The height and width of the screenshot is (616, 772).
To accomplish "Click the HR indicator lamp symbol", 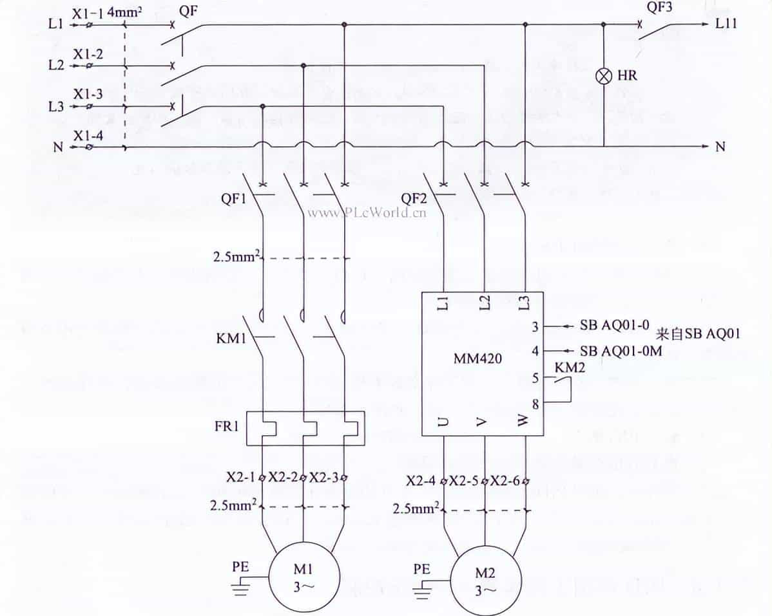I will (604, 76).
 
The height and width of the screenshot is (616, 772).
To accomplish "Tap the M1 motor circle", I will (303, 573).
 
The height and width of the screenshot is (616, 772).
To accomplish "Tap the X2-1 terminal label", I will (240, 479).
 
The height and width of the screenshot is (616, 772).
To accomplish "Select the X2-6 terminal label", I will (505, 480).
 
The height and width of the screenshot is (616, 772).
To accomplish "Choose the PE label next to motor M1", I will (240, 568).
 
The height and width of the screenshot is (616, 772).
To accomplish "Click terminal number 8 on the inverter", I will (534, 404).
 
